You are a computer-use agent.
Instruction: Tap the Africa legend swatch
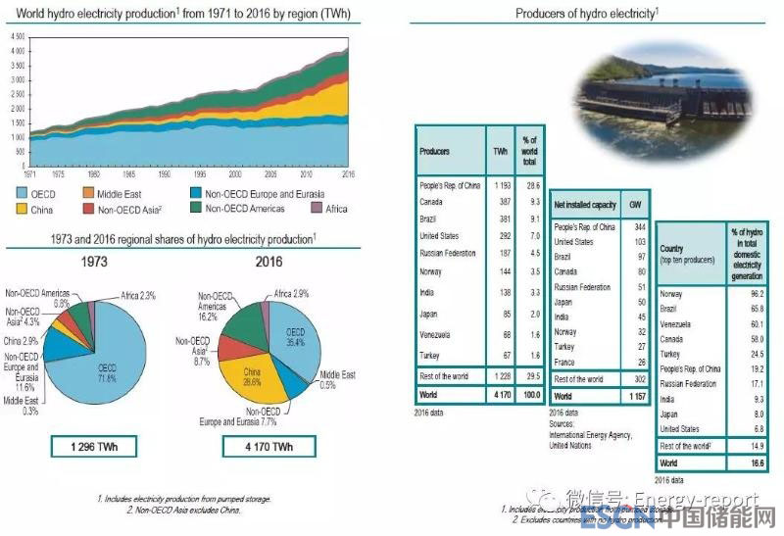pos(317,209)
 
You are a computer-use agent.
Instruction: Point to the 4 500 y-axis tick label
pos(18,36)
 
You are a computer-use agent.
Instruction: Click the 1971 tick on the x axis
pos(31,172)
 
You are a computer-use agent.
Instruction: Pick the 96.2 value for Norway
pos(754,294)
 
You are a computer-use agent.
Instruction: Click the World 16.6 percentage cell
pos(753,461)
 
